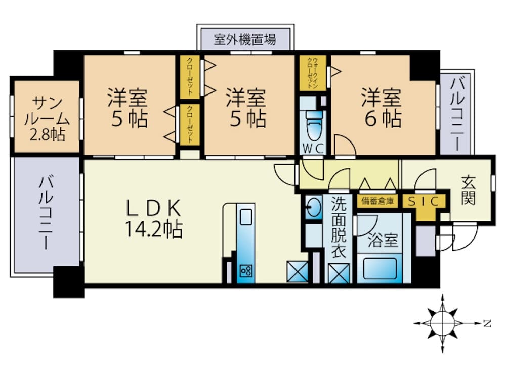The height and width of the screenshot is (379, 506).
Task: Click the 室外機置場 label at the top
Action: (x=245, y=39)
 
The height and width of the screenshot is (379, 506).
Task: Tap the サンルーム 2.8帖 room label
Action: (x=47, y=119)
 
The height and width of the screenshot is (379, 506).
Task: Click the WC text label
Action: (x=313, y=149)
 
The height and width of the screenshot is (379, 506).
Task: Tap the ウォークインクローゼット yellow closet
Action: (x=313, y=73)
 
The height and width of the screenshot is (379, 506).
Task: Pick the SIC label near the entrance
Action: (x=424, y=202)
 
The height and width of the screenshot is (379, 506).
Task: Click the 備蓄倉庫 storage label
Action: (x=377, y=202)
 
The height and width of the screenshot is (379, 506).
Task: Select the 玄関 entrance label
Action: (x=468, y=191)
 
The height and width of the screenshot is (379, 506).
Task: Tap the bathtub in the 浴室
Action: (x=380, y=268)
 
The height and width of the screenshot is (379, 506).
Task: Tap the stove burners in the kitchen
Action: (x=246, y=271)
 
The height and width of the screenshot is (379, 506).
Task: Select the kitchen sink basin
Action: (x=246, y=217)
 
